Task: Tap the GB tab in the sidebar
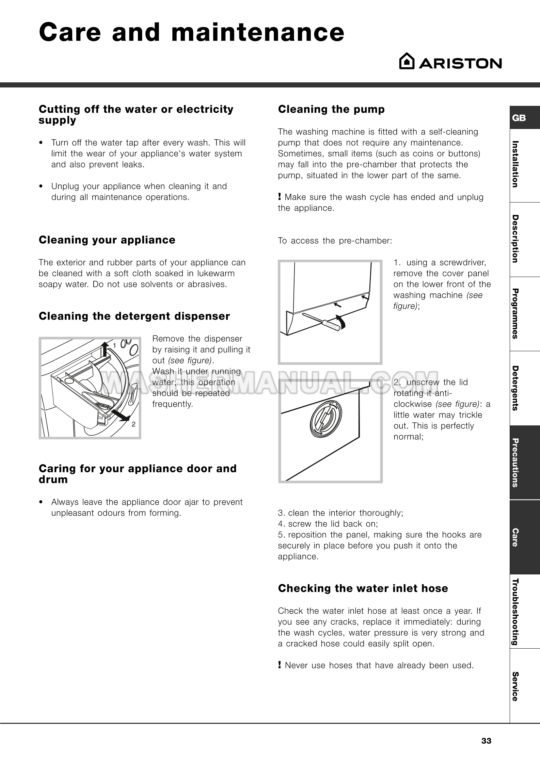pyautogui.click(x=519, y=118)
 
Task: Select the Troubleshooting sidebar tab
pyautogui.click(x=515, y=612)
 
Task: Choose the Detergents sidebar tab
pyautogui.click(x=515, y=388)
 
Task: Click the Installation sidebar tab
pyautogui.click(x=515, y=164)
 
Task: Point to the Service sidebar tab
pyautogui.click(x=515, y=686)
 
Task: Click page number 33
pyautogui.click(x=487, y=741)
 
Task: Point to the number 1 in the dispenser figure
pyautogui.click(x=114, y=345)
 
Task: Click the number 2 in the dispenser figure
pyautogui.click(x=133, y=424)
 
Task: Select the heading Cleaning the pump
pyautogui.click(x=331, y=109)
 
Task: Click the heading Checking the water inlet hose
pyautogui.click(x=363, y=588)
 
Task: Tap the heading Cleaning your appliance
pyautogui.click(x=107, y=240)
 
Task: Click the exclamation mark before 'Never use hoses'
pyautogui.click(x=280, y=665)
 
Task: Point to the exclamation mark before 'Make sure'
pyautogui.click(x=280, y=197)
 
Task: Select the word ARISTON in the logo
pyautogui.click(x=460, y=63)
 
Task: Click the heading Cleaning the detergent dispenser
pyautogui.click(x=134, y=316)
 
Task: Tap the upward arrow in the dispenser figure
pyautogui.click(x=105, y=349)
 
